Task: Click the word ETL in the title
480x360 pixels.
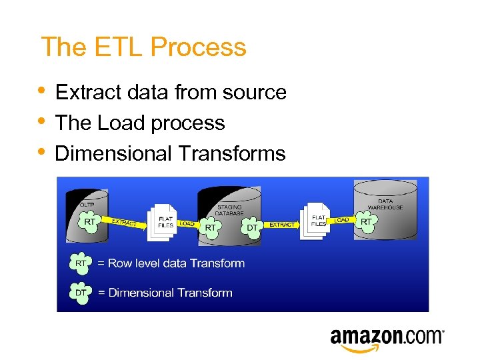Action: (x=119, y=47)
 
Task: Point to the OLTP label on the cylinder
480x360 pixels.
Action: (x=86, y=204)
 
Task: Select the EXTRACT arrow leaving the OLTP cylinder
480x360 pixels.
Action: (x=125, y=222)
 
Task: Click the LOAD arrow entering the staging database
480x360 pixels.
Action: (x=187, y=224)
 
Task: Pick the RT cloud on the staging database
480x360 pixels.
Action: (x=211, y=228)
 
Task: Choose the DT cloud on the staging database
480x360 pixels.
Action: (x=253, y=228)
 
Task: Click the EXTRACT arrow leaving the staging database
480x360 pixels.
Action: (x=282, y=225)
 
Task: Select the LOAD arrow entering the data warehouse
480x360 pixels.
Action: (x=341, y=219)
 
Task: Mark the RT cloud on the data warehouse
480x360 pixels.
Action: (x=367, y=221)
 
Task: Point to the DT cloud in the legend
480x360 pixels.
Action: (x=81, y=293)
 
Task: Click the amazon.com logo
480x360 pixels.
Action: (x=387, y=337)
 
